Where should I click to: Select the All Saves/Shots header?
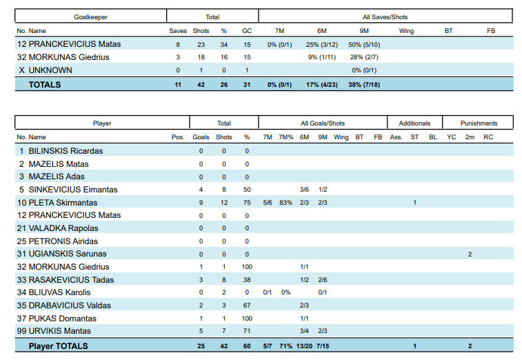pyautogui.click(x=385, y=17)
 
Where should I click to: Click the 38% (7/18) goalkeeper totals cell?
pyautogui.click(x=363, y=85)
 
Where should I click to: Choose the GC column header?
pyautogui.click(x=247, y=31)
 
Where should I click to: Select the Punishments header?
pyautogui.click(x=479, y=123)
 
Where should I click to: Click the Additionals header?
pyautogui.click(x=414, y=123)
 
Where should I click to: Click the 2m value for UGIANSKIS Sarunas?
pyautogui.click(x=470, y=254)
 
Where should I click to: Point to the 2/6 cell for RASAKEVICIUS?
pyautogui.click(x=323, y=280)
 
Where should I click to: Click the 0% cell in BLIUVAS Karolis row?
pyautogui.click(x=285, y=292)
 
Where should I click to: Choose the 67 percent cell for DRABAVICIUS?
pyautogui.click(x=247, y=306)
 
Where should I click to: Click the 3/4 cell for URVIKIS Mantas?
pyautogui.click(x=304, y=332)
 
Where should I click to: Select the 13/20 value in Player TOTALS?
pyautogui.click(x=303, y=346)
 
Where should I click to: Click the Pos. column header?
pyautogui.click(x=178, y=137)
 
